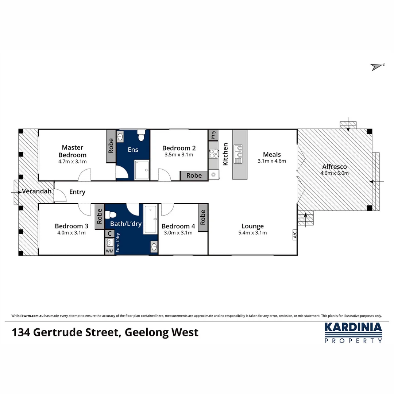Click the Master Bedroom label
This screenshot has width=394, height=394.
pyautogui.click(x=72, y=151)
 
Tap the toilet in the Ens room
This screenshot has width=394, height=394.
pyautogui.click(x=141, y=137)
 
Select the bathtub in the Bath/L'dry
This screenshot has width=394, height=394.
pyautogui.click(x=150, y=219)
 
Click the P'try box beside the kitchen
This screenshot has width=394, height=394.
pyautogui.click(x=213, y=135)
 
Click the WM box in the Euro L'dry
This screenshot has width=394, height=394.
pyautogui.click(x=109, y=251)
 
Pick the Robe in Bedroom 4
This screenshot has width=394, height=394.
pyautogui.click(x=203, y=217)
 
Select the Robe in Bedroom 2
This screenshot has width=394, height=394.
pyautogui.click(x=194, y=175)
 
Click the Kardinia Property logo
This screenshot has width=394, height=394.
pyautogui.click(x=353, y=332)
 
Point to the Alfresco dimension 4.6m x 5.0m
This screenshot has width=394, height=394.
pyautogui.click(x=335, y=173)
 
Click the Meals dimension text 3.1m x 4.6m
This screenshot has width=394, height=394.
pyautogui.click(x=272, y=161)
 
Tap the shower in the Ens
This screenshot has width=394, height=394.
pyautogui.click(x=142, y=170)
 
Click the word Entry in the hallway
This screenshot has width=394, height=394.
pyautogui.click(x=77, y=192)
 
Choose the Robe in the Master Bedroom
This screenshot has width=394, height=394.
pyautogui.click(x=111, y=146)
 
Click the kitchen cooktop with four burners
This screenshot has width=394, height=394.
pyautogui.click(x=213, y=154)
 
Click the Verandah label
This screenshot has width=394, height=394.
pyautogui.click(x=35, y=191)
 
